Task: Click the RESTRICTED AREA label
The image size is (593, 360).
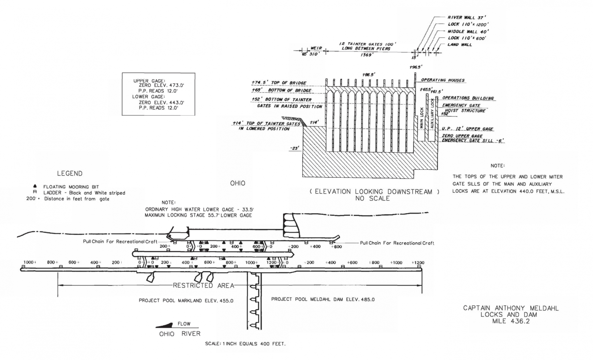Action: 203,286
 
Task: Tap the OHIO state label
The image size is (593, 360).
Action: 237,183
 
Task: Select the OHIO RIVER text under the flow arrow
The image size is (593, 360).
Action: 180,334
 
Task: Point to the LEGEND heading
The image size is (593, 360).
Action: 70,173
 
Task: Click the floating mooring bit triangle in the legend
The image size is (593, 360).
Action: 35,186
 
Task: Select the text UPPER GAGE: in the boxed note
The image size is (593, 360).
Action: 149,81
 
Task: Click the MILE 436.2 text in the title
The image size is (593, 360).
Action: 511,321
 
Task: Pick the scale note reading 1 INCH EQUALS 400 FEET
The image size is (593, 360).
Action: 245,344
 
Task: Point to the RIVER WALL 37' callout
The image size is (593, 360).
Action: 467,17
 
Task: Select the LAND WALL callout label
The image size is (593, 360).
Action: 460,45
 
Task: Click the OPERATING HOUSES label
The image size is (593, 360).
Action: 443,80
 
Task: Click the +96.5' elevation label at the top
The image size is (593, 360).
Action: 416,67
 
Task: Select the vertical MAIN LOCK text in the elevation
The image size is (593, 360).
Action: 421,118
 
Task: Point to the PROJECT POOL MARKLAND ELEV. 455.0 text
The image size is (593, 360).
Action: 186,301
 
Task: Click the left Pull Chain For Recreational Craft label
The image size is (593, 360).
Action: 120,242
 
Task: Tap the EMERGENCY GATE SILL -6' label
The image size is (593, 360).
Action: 473,141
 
